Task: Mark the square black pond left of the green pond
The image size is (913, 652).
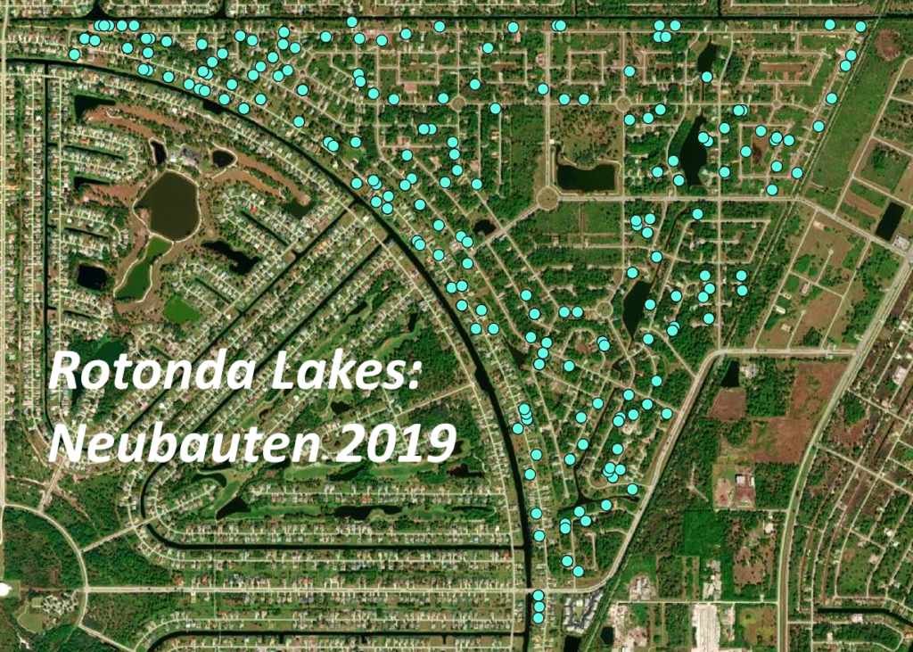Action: [92, 276]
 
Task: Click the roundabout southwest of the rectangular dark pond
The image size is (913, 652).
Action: [547, 198]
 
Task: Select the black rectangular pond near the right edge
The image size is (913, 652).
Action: [889, 219]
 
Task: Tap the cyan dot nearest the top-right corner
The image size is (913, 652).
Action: [860, 27]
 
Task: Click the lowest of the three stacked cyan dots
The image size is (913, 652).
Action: [539, 617]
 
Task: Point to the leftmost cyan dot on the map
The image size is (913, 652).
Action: [74, 54]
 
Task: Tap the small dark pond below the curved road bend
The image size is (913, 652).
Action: [730, 373]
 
